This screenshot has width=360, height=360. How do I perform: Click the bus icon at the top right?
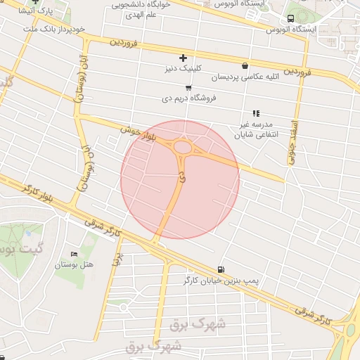click(291, 18)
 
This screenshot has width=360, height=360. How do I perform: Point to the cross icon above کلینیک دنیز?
click(184, 58)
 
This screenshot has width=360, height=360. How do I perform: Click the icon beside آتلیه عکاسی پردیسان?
click(245, 65)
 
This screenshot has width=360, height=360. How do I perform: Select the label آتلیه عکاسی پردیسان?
click(262, 75)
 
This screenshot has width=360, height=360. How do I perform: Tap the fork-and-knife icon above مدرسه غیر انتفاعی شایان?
click(257, 112)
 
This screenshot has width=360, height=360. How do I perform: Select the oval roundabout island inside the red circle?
click(185, 148)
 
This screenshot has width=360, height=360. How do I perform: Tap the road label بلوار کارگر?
click(39, 191)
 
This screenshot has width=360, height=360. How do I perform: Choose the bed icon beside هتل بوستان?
click(75, 254)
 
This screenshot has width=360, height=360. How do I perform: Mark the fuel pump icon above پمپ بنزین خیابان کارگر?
click(221, 269)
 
